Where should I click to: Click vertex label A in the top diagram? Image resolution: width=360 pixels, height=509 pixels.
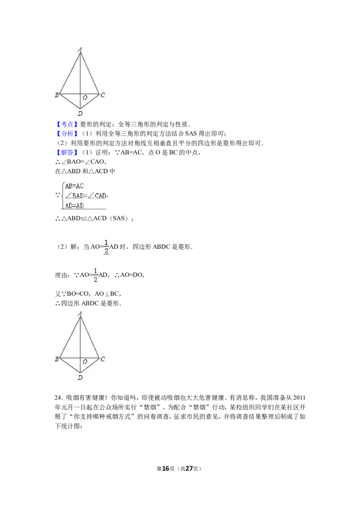[80, 49]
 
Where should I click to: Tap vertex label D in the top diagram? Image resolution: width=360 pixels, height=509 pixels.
[80, 113]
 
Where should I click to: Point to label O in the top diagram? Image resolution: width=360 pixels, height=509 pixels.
[85, 98]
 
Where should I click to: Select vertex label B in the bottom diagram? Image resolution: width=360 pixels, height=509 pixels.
[57, 359]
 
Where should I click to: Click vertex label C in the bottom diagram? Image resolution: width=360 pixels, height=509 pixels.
[103, 359]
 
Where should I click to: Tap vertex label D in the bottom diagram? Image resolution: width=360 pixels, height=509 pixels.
[80, 378]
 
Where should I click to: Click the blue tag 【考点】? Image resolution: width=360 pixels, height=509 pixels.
[66, 124]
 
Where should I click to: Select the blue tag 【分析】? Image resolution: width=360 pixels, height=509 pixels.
[66, 134]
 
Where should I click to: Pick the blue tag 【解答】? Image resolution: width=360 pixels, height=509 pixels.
[66, 152]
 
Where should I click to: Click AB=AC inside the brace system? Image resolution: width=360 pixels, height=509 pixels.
[74, 186]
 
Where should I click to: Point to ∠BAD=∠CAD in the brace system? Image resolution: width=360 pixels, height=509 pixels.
[86, 196]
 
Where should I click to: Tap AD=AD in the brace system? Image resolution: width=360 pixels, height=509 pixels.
[74, 205]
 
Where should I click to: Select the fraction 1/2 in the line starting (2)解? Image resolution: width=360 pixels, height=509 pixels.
[106, 247]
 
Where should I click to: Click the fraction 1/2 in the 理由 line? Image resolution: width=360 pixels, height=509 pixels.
[95, 275]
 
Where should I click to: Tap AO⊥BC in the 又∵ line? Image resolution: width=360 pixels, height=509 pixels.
[107, 294]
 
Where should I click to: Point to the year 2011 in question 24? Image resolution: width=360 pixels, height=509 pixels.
[299, 398]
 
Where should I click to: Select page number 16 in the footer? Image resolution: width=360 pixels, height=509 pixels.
[166, 469]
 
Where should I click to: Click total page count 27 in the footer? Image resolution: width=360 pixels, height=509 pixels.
[189, 469]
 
